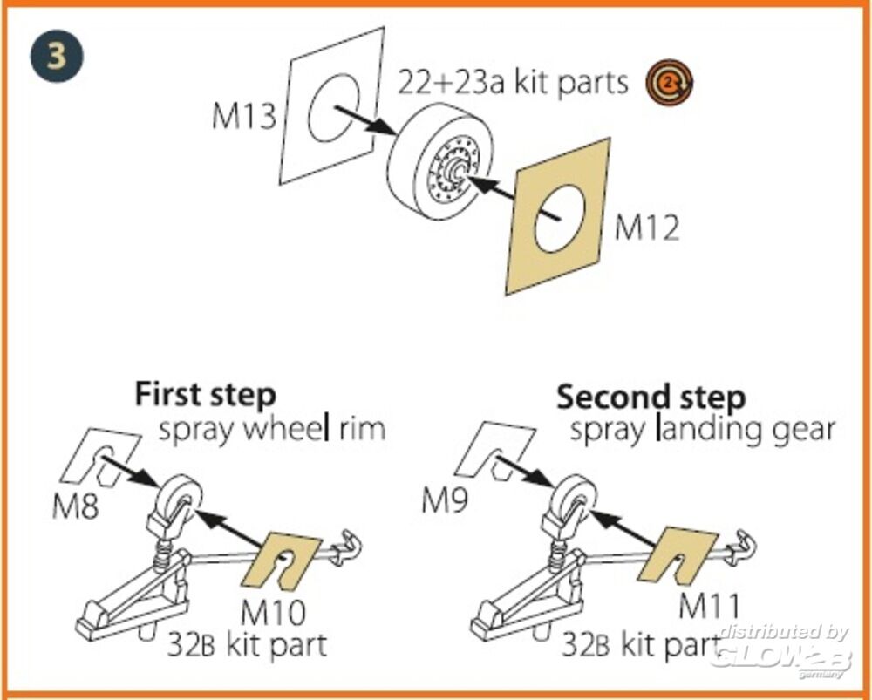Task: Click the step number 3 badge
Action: point(57,56)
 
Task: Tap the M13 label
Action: point(243,117)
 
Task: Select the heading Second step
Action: point(651,397)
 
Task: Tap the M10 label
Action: point(273,613)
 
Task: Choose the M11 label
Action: point(709,604)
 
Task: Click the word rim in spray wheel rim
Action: point(359,430)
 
